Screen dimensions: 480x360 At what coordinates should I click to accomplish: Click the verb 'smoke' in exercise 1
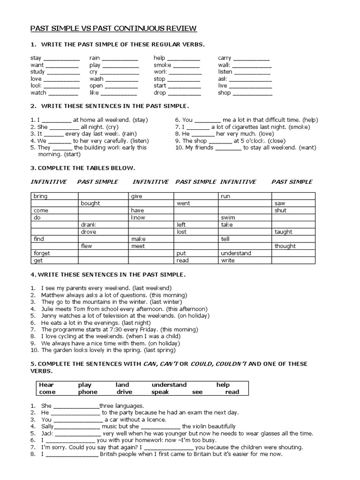[162, 65]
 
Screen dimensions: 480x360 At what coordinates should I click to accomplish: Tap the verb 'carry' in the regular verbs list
[225, 58]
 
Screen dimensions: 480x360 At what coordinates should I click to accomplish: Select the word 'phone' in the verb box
[88, 392]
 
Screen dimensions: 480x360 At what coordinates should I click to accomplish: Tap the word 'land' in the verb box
[122, 385]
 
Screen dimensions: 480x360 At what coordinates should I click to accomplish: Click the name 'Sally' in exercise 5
[48, 427]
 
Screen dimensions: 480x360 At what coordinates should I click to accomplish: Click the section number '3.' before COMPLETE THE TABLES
[33, 168]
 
